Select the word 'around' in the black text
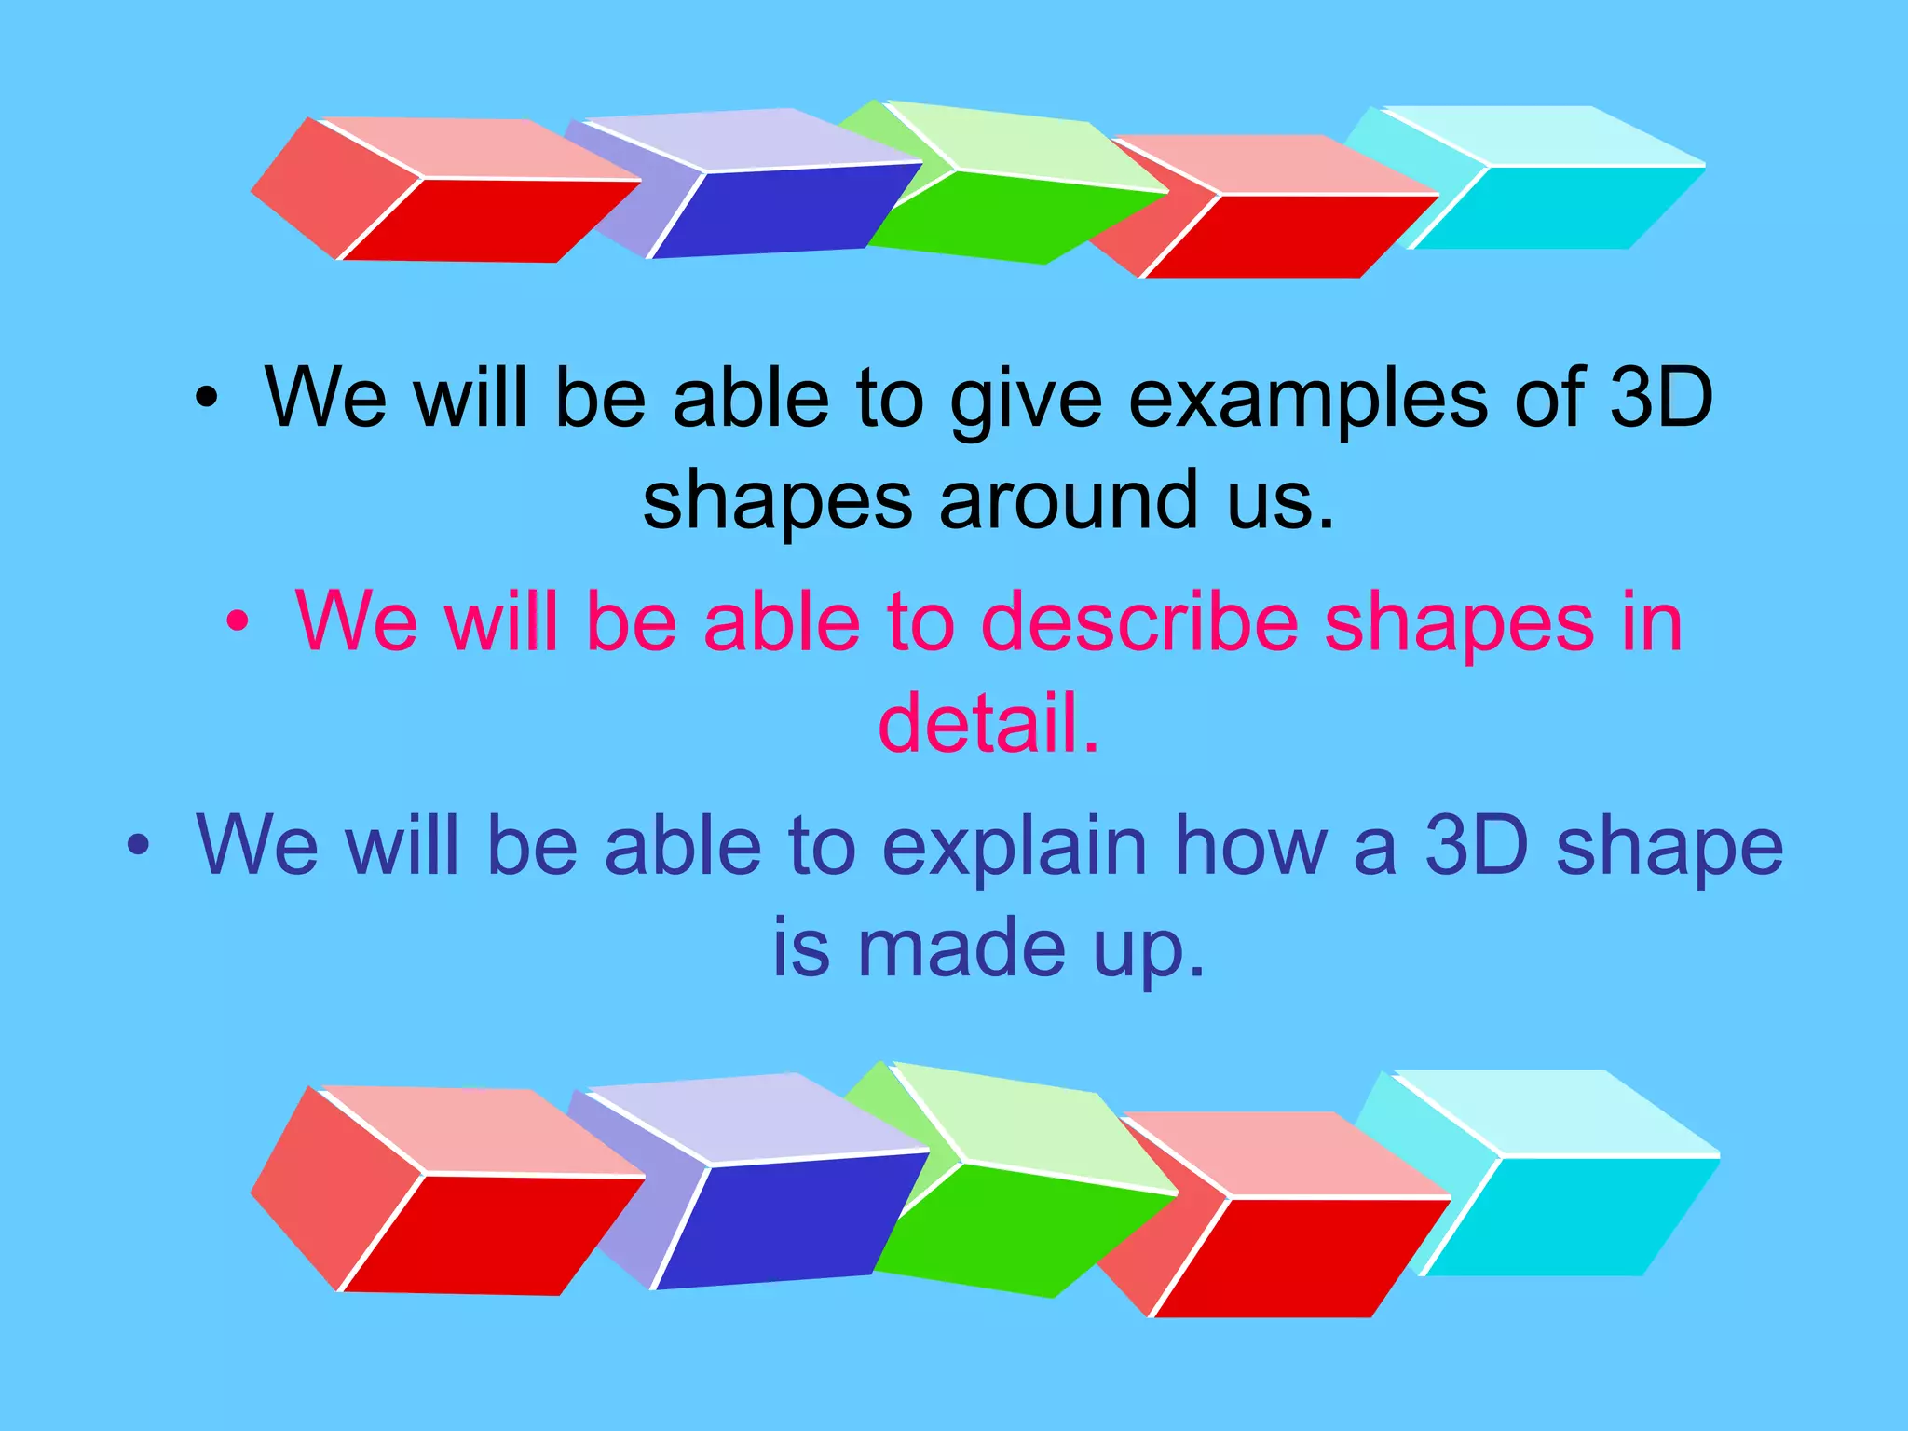[x=1069, y=500]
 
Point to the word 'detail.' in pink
[x=988, y=724]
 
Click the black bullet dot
[x=206, y=399]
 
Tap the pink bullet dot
[x=238, y=621]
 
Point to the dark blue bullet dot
[x=138, y=845]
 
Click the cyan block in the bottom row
[x=1565, y=1216]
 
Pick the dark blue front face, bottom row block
[x=787, y=1220]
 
